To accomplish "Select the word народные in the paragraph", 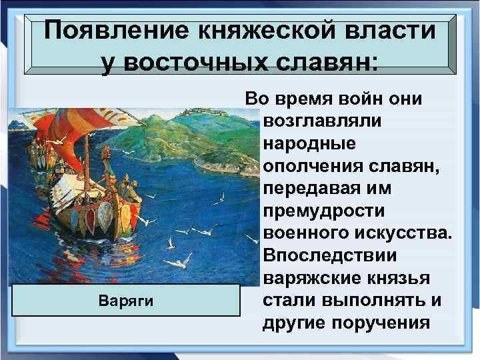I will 310,144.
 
